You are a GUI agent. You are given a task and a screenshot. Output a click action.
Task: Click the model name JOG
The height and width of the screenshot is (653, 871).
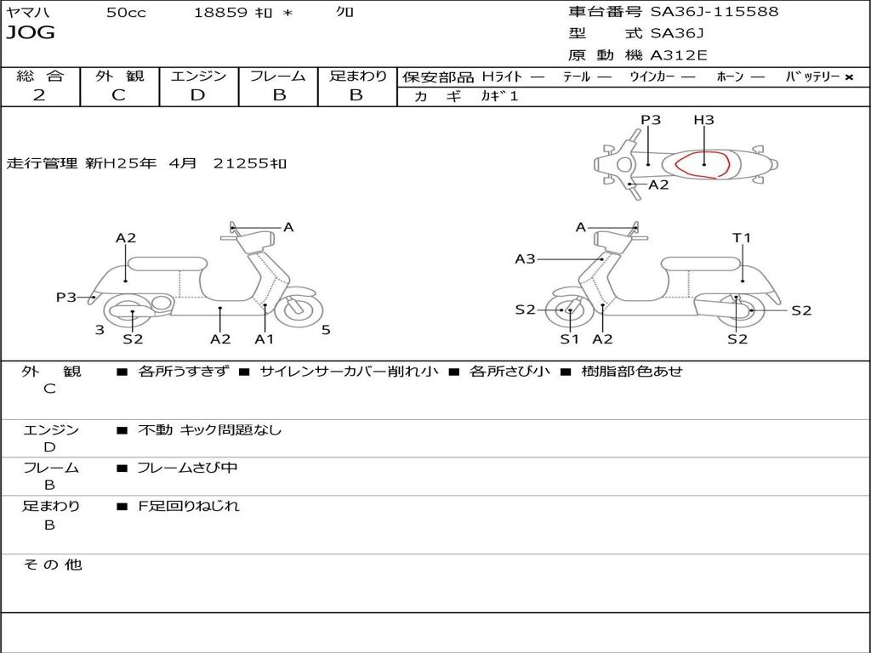click(x=31, y=33)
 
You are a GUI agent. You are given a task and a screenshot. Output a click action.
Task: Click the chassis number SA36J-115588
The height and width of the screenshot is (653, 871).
click(x=714, y=12)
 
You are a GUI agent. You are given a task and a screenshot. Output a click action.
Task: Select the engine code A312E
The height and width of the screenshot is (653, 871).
click(x=679, y=55)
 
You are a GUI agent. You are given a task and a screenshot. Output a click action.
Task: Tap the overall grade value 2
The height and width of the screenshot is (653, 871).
click(x=39, y=95)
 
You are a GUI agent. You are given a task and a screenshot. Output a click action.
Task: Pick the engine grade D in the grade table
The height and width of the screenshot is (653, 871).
click(x=197, y=95)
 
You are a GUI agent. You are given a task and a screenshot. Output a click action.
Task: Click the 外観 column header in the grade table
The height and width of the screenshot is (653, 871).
click(x=119, y=76)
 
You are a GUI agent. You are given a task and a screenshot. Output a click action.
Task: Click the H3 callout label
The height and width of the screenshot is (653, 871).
click(x=703, y=119)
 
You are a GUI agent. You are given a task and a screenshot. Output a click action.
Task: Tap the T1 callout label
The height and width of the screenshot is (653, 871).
click(x=742, y=238)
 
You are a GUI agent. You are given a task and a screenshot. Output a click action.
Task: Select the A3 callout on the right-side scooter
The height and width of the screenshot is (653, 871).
click(x=525, y=258)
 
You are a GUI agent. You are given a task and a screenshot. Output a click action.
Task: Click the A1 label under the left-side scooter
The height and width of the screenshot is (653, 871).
click(x=265, y=338)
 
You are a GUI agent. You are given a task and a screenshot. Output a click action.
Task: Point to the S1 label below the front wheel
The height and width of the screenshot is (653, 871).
click(x=569, y=338)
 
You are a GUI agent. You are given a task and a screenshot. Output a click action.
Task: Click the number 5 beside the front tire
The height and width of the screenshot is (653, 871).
click(x=326, y=330)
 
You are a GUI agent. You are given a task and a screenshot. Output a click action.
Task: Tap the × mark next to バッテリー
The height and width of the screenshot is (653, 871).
click(x=849, y=77)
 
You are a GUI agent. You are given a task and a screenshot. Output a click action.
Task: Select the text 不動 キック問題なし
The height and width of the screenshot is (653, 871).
click(x=209, y=429)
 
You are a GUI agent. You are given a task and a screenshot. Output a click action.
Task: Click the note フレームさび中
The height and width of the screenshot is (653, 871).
click(x=187, y=468)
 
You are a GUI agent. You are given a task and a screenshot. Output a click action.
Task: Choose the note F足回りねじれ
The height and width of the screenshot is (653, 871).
click(x=189, y=506)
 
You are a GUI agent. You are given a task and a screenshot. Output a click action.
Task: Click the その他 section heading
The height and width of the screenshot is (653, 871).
click(x=52, y=565)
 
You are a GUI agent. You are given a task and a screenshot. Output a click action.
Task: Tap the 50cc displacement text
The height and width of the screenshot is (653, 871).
click(x=126, y=13)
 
